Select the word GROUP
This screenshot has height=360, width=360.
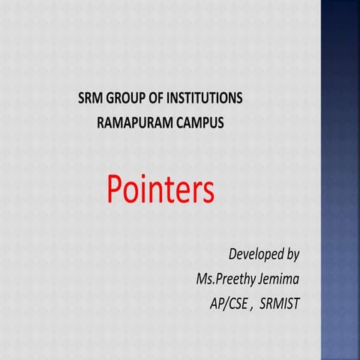click(128, 98)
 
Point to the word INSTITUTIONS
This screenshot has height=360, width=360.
click(208, 98)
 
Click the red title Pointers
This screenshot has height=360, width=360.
click(160, 190)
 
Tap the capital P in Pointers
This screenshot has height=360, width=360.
click(115, 190)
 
